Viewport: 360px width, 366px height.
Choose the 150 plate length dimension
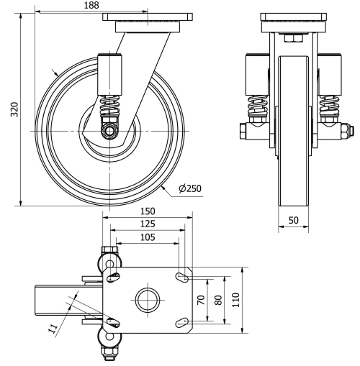coord(148,213)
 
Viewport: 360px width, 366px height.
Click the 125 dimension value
coord(147,225)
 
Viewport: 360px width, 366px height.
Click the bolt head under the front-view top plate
coord(294,40)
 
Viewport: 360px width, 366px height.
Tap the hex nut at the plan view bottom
coord(109,352)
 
